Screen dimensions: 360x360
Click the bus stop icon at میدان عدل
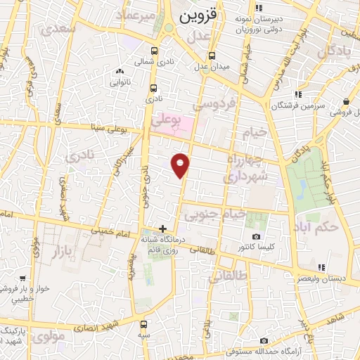pyautogui.click(x=212, y=56)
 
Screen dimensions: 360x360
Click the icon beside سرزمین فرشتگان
pyautogui.click(x=298, y=94)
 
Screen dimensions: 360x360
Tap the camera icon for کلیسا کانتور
pyautogui.click(x=256, y=236)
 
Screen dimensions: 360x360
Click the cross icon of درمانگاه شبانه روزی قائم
pyautogui.click(x=163, y=229)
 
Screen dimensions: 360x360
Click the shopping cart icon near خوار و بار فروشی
pyautogui.click(x=23, y=278)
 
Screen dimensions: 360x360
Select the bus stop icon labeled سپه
pyautogui.click(x=144, y=324)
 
